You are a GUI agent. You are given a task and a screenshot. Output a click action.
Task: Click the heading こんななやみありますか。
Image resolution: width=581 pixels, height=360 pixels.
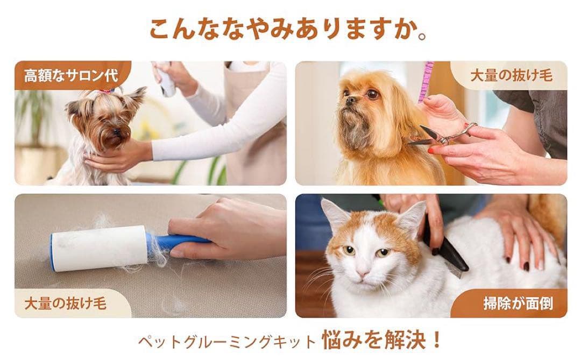click(288, 29)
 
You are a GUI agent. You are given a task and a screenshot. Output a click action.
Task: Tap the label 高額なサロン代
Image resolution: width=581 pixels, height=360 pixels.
click(70, 76)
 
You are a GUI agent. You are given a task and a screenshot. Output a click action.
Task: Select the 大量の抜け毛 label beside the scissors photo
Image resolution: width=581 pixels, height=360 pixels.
click(511, 75)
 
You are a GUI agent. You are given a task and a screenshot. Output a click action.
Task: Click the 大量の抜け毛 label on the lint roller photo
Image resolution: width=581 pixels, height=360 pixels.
click(65, 303)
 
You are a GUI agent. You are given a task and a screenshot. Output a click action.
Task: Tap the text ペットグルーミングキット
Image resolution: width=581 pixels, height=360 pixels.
click(226, 341)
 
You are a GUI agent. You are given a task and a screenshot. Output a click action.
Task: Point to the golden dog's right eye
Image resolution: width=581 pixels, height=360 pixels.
click(371, 94)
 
